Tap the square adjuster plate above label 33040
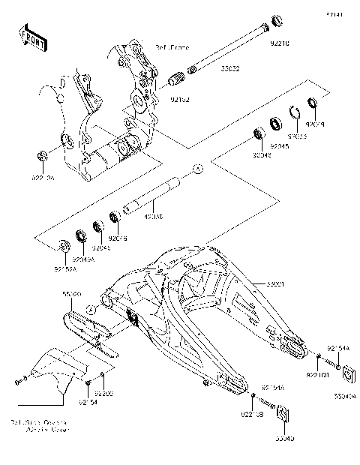(x=284, y=414)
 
